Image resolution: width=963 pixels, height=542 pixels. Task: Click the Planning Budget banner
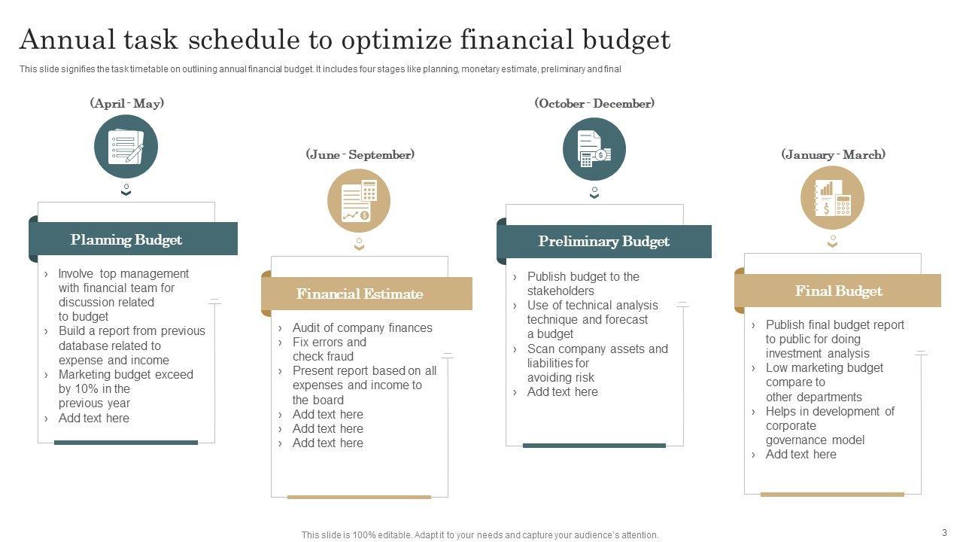click(133, 239)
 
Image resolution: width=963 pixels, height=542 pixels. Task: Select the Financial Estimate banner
click(366, 294)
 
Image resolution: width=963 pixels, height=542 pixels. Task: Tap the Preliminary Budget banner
click(604, 242)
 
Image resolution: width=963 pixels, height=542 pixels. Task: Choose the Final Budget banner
click(837, 291)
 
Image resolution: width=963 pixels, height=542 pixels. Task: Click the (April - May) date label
click(127, 103)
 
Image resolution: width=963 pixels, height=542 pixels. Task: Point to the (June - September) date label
click(360, 154)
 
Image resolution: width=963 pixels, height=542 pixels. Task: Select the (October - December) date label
click(594, 103)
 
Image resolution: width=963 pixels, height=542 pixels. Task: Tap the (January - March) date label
click(833, 154)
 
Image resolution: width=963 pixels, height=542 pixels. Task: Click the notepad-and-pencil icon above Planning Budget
click(126, 147)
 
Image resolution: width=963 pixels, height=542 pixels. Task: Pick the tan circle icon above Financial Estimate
click(359, 201)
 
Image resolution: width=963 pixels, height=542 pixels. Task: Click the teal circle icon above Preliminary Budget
click(594, 149)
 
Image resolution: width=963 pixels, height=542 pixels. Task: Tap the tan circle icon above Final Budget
click(832, 198)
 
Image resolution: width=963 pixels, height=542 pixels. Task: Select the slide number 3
click(944, 532)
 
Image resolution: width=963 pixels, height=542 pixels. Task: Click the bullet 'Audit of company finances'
click(363, 327)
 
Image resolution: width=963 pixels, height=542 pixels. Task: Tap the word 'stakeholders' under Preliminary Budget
click(560, 291)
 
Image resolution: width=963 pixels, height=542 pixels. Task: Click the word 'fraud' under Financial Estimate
click(340, 357)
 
